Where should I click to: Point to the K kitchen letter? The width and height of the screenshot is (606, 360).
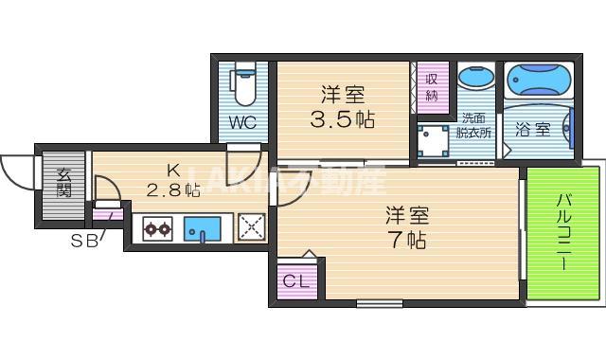pyautogui.click(x=172, y=171)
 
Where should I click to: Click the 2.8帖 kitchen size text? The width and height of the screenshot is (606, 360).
pyautogui.click(x=172, y=190)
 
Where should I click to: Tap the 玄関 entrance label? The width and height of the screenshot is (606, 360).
pyautogui.click(x=63, y=183)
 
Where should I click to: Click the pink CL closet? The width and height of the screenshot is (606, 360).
pyautogui.click(x=293, y=281)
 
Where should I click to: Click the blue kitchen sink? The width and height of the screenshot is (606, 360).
pyautogui.click(x=202, y=229)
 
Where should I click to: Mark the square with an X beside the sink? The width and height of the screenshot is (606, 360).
pyautogui.click(x=250, y=228)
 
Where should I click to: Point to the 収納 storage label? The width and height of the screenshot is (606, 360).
pyautogui.click(x=432, y=87)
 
